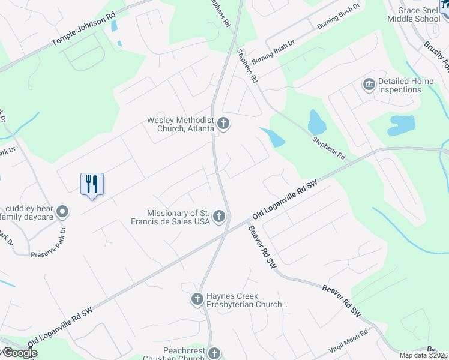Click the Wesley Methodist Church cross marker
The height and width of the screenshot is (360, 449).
coord(223,124)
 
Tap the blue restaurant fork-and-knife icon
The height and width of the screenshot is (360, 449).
coord(92,184)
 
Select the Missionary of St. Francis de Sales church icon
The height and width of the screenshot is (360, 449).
coord(220,216)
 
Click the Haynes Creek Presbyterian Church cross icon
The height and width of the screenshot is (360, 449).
coord(197,299)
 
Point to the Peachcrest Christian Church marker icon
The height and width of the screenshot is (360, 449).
coord(214,353)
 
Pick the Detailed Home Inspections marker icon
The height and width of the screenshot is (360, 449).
coord(369,85)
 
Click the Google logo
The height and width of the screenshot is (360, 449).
coord(20,353)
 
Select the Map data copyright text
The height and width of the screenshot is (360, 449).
coord(423,355)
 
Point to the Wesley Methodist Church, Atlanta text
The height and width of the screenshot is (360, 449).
coord(181,124)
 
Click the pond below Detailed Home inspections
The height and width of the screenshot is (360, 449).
coord(401,125)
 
